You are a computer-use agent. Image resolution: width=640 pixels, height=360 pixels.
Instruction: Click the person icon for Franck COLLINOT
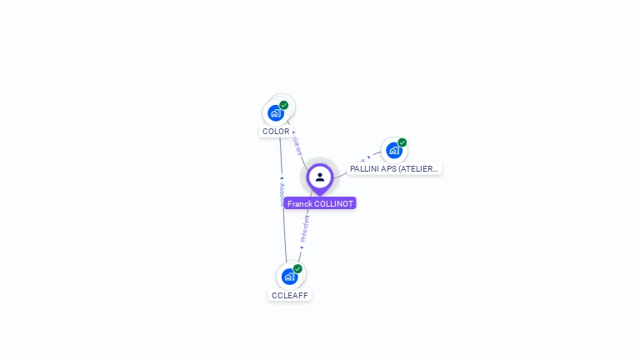pyautogui.click(x=320, y=177)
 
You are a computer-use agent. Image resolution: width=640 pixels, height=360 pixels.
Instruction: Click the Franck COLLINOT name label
pyautogui.click(x=320, y=203)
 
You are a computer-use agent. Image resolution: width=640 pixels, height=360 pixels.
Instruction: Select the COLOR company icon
pyautogui.click(x=276, y=112)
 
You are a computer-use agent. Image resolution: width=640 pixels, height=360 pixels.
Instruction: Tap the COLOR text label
pyautogui.click(x=276, y=132)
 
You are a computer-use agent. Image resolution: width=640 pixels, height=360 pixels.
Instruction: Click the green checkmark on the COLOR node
pyautogui.click(x=284, y=105)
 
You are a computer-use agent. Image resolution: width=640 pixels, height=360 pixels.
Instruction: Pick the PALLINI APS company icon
pyautogui.click(x=393, y=150)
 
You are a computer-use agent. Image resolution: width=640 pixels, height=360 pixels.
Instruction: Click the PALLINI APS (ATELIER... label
pyautogui.click(x=394, y=168)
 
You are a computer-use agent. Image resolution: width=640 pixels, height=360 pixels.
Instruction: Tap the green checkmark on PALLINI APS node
pyautogui.click(x=402, y=142)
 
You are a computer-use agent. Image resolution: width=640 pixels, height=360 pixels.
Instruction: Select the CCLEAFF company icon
pyautogui.click(x=289, y=276)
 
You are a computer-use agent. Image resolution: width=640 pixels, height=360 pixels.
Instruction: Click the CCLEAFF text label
pyautogui.click(x=290, y=295)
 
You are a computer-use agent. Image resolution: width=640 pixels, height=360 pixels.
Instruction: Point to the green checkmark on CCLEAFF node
pyautogui.click(x=297, y=268)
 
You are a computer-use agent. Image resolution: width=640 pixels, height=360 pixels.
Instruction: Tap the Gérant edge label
pyautogui.click(x=297, y=147)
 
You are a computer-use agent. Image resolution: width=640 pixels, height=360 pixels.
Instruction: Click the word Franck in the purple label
pyautogui.click(x=299, y=203)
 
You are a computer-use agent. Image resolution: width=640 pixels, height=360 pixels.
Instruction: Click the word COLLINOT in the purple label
pyautogui.click(x=333, y=203)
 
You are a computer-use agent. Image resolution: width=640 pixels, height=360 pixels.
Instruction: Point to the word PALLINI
pyautogui.click(x=365, y=168)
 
